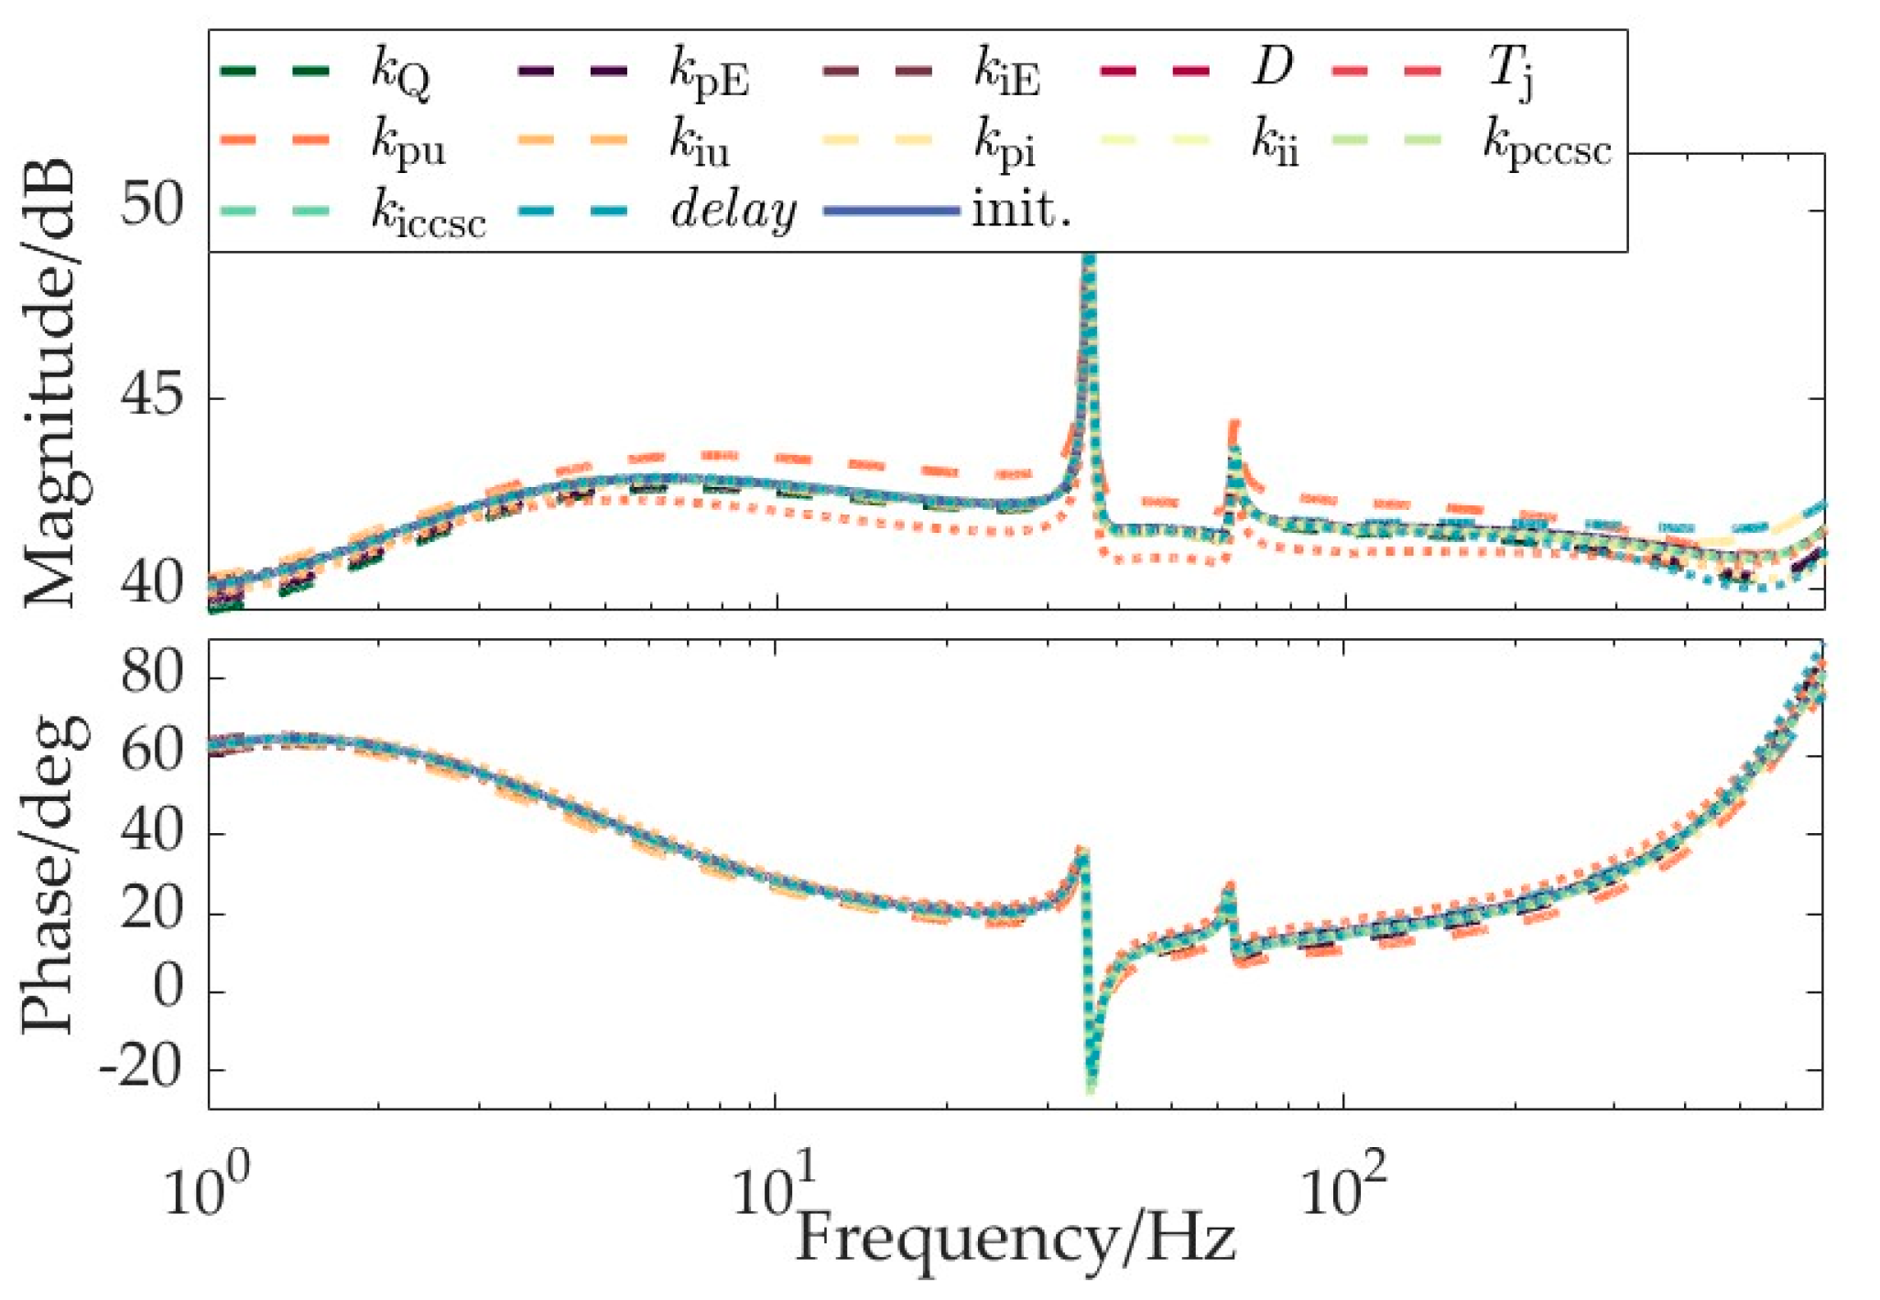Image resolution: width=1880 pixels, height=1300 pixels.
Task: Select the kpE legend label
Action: coord(709,73)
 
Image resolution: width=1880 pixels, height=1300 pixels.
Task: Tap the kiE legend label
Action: coord(1005,73)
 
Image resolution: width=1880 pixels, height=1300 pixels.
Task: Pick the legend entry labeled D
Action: coord(1273,67)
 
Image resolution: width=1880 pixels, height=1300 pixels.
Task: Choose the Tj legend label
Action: coord(1509,71)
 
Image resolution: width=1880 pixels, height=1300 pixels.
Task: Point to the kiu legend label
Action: coord(700,145)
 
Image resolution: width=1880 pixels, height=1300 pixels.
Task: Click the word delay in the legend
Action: coord(733,212)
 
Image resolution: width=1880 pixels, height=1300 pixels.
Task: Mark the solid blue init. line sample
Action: coord(892,211)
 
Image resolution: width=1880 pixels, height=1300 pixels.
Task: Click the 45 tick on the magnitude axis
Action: coord(151,398)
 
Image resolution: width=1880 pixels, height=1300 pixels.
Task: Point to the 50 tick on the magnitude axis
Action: coord(151,206)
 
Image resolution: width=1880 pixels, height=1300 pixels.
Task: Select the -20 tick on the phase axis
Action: coord(140,1068)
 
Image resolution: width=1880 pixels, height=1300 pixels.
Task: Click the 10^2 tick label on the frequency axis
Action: coord(1342,1191)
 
